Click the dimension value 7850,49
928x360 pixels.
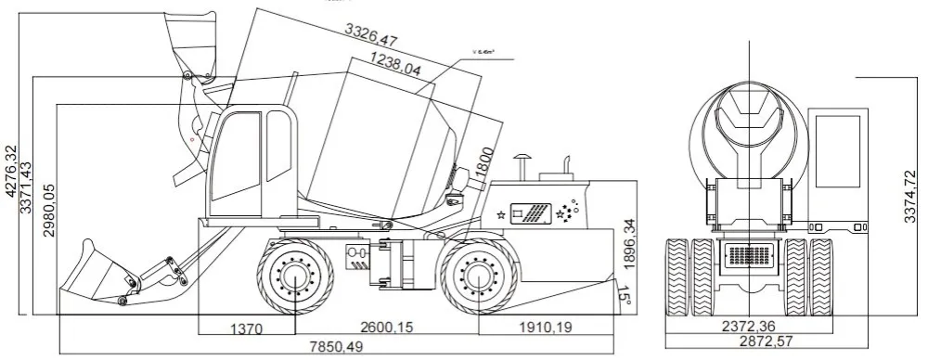(337, 347)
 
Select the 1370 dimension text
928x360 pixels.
(247, 328)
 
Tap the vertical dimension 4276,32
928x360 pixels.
(11, 173)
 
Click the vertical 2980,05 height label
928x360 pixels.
(47, 211)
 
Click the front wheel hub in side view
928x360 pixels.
(295, 276)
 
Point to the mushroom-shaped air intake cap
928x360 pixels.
(522, 159)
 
